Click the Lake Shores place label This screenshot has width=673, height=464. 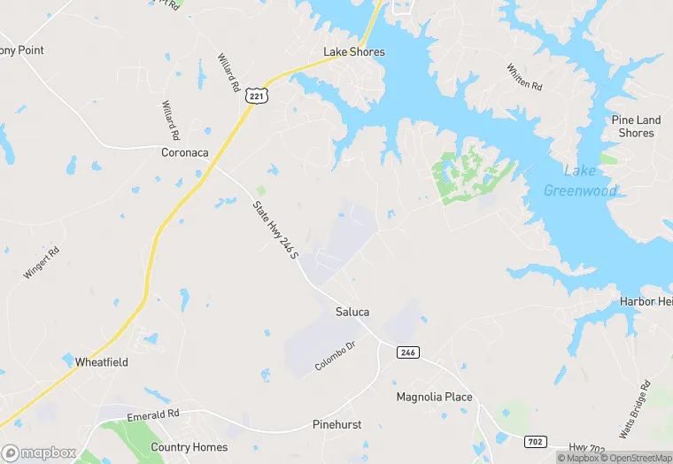click(x=354, y=52)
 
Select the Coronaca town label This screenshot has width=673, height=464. click(x=185, y=152)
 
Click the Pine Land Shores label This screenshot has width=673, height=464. click(x=636, y=127)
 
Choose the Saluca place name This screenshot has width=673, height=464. click(x=352, y=312)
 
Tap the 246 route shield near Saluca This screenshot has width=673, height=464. click(x=407, y=352)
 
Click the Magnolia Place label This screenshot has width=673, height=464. click(x=434, y=397)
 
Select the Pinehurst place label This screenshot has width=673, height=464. click(x=336, y=424)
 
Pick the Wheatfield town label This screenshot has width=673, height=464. click(x=102, y=362)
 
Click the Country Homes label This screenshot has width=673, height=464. click(x=189, y=447)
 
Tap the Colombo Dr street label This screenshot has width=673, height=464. click(x=335, y=356)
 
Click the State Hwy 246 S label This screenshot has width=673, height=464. click(x=275, y=235)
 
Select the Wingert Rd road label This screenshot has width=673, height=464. click(x=42, y=263)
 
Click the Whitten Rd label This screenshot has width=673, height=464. click(x=524, y=77)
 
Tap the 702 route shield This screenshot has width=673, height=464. click(x=534, y=441)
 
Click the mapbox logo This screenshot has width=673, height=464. click(x=39, y=452)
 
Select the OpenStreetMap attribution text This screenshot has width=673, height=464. click(x=636, y=458)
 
